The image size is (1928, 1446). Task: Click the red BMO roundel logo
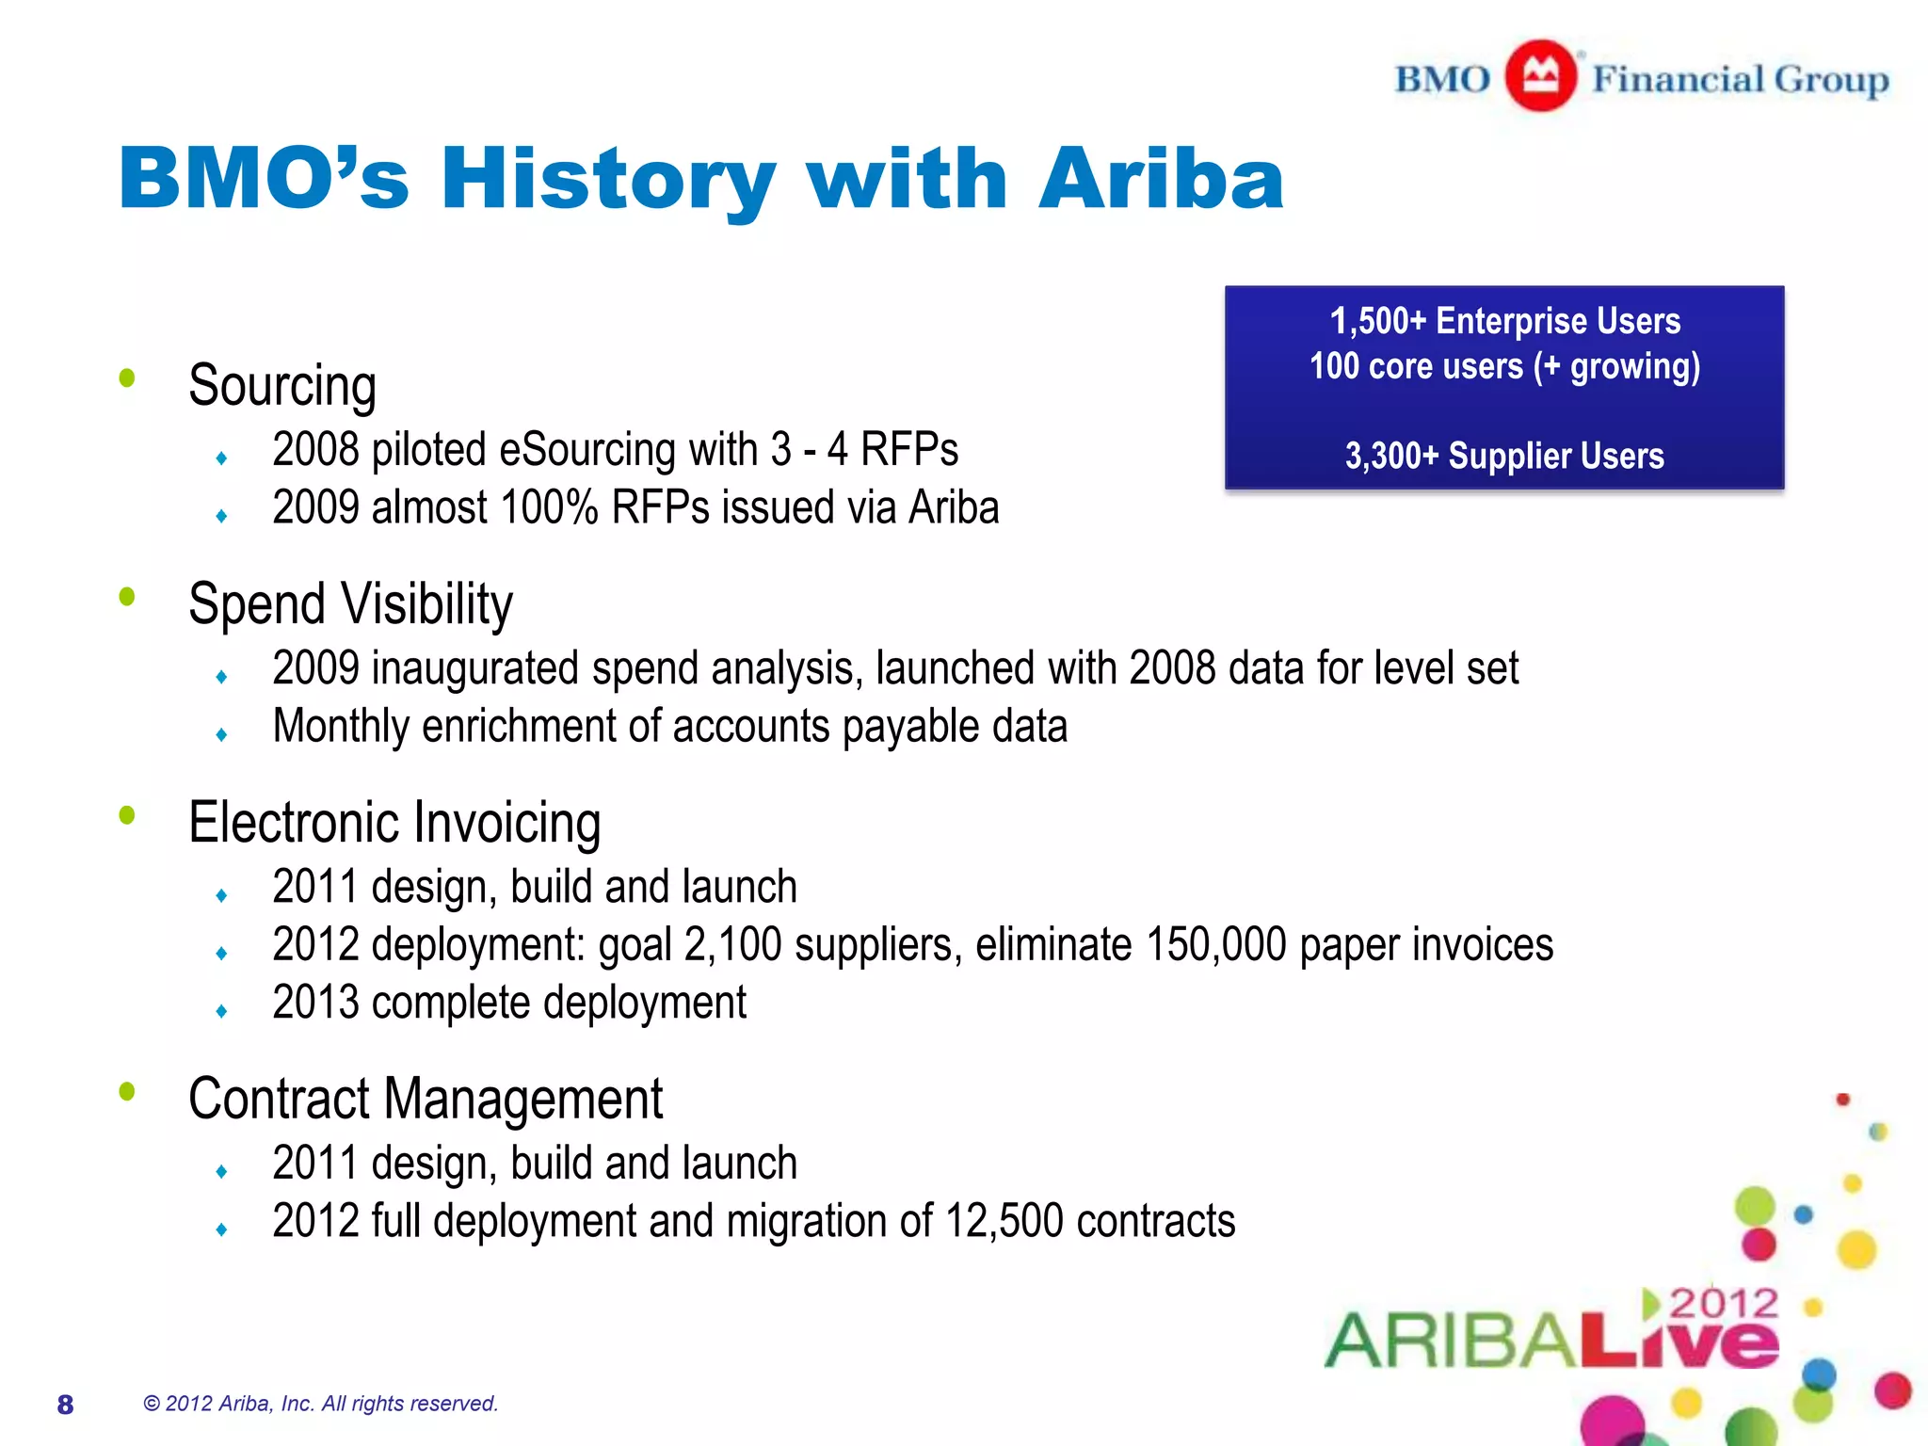coord(1540,75)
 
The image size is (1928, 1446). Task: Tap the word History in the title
coord(607,179)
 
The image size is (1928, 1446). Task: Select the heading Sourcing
coord(281,386)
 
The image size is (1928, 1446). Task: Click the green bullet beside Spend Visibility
coord(127,596)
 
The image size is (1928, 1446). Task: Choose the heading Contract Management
coord(426,1099)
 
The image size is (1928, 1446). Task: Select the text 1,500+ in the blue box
coord(1378,322)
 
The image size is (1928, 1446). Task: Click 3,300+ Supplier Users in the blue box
coord(1503,457)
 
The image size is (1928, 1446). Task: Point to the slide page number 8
coord(65,1405)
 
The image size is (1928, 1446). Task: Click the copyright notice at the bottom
coord(320,1404)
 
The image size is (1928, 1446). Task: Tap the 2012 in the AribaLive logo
coord(1723,1304)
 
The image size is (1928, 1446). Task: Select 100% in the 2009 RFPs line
coord(549,507)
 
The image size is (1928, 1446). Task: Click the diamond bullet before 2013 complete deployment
coord(221,1011)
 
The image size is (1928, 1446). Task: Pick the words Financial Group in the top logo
coord(1740,79)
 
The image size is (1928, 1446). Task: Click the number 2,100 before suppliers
coord(732,944)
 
